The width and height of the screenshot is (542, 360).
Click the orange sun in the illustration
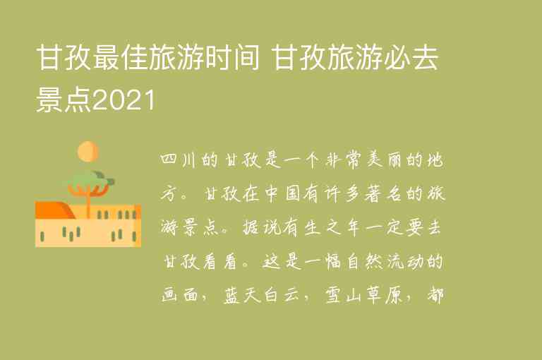88,150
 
